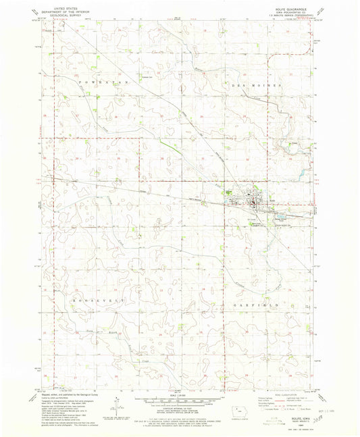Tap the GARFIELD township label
pos(257,286)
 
